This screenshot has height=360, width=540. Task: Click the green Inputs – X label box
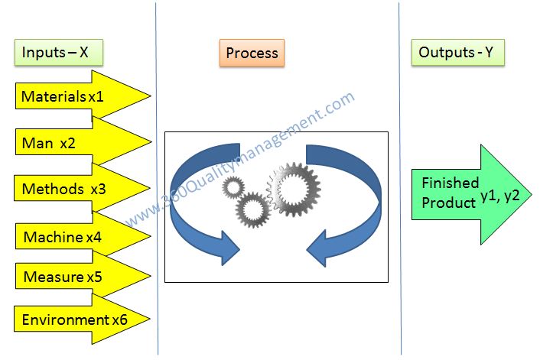pyautogui.click(x=57, y=53)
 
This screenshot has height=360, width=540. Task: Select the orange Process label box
pyautogui.click(x=252, y=54)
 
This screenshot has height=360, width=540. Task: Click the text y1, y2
pyautogui.click(x=499, y=196)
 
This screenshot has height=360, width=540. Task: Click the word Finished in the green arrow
pyautogui.click(x=451, y=183)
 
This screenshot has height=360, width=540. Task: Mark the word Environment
pyautogui.click(x=65, y=319)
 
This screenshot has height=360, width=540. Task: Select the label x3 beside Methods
pyautogui.click(x=98, y=189)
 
